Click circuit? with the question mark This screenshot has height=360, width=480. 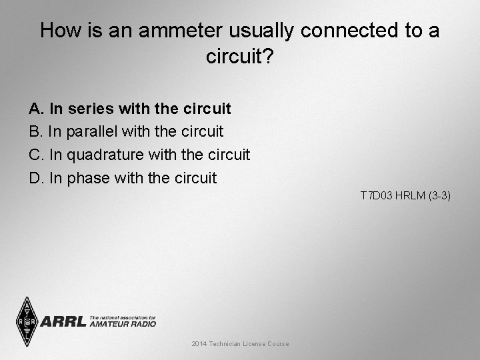[x=240, y=57]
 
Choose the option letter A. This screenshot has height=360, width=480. [x=34, y=108]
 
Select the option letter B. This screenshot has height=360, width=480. [x=34, y=131]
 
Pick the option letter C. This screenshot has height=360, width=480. [x=35, y=155]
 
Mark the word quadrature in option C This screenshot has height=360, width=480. [x=105, y=155]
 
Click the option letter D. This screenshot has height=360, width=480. [x=35, y=178]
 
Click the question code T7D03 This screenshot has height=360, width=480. [x=375, y=195]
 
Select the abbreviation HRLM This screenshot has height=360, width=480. [x=409, y=195]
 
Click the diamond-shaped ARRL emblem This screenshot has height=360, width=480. [x=27, y=321]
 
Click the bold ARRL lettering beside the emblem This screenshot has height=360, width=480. [x=63, y=321]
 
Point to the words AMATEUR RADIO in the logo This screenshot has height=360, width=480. [x=123, y=324]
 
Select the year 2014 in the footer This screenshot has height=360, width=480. [x=199, y=343]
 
